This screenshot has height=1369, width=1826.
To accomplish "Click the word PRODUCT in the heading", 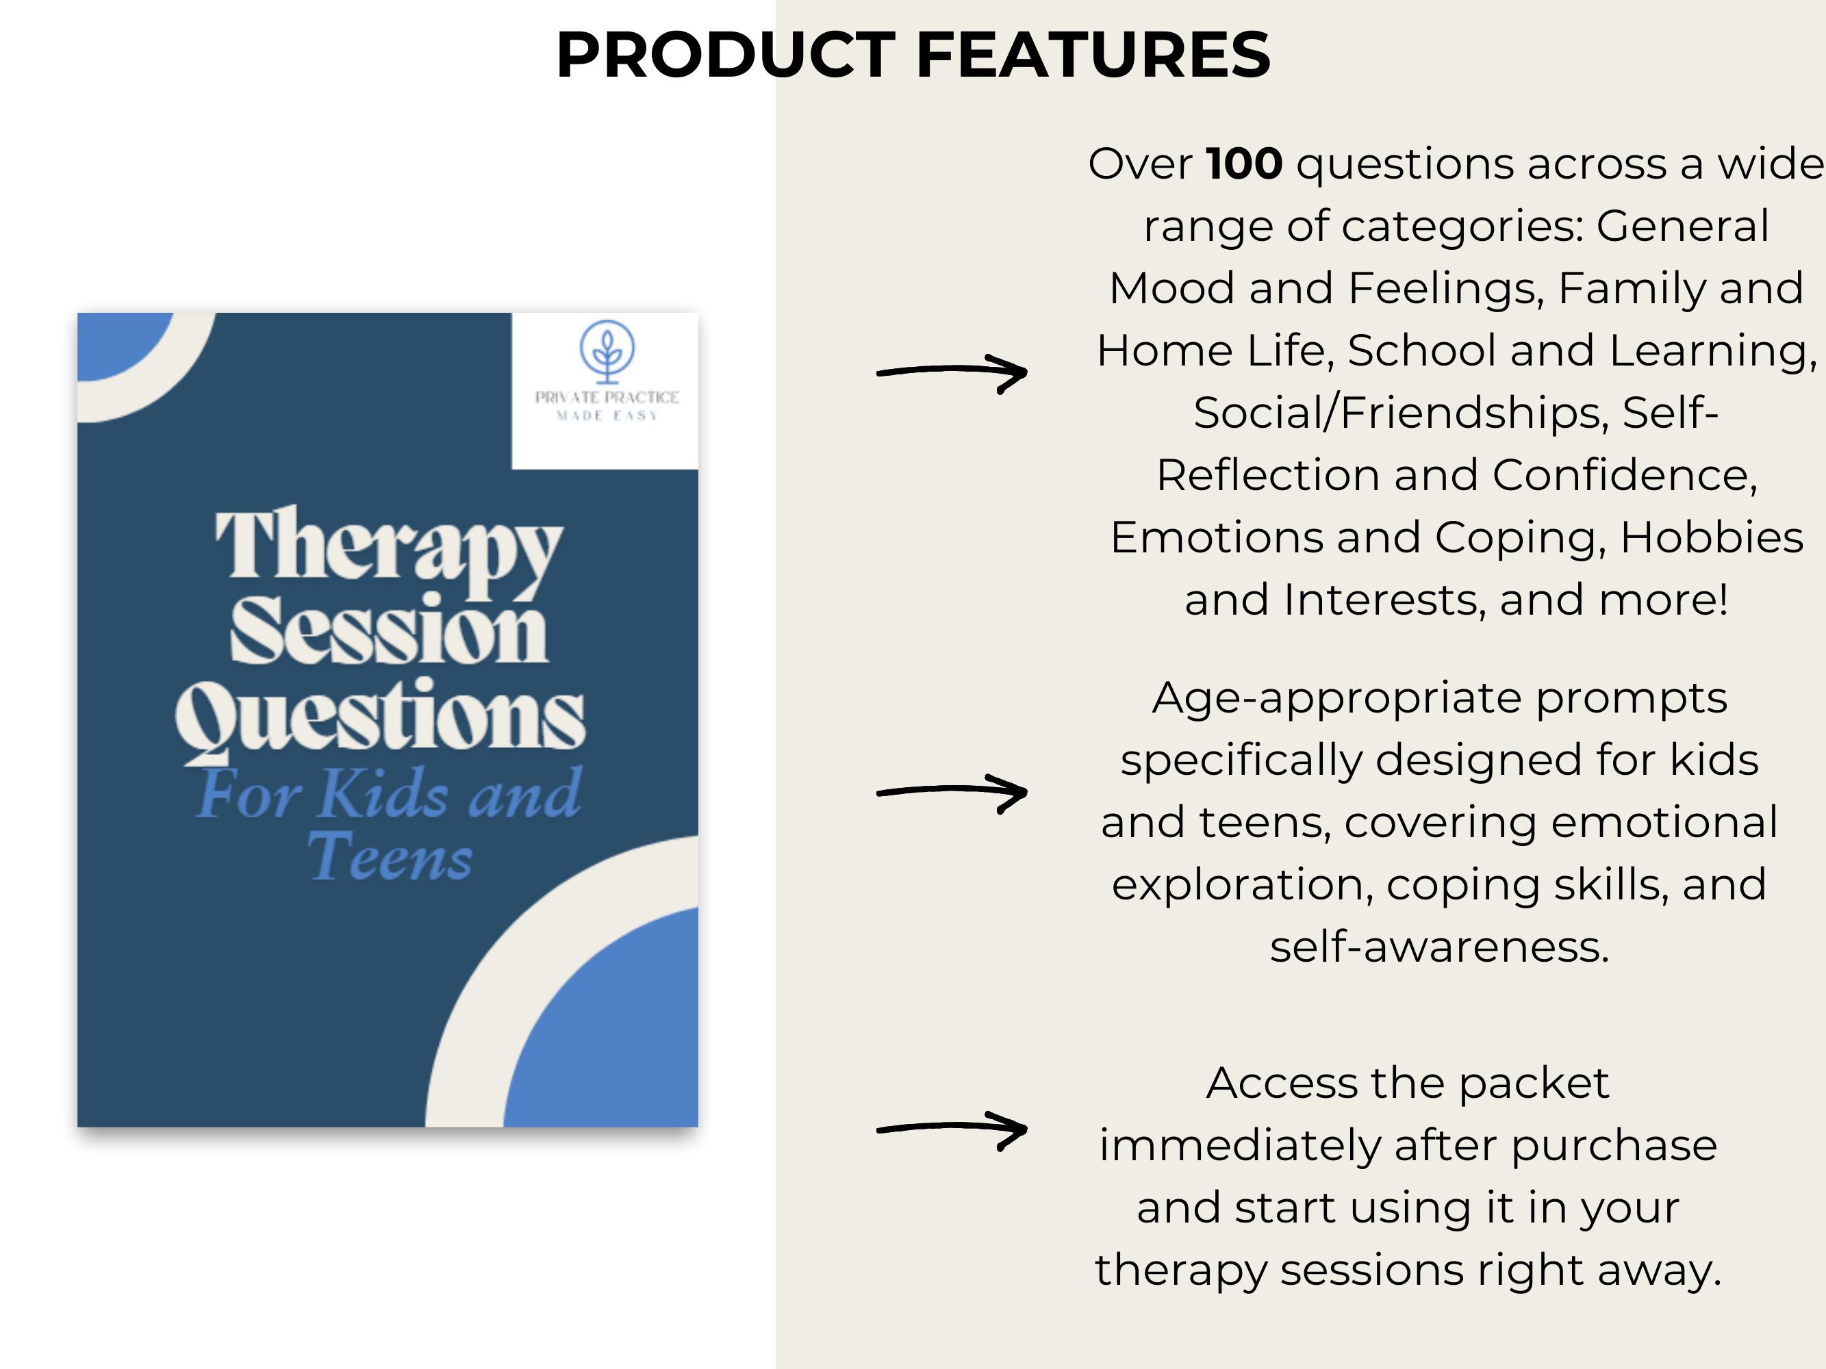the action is [726, 55].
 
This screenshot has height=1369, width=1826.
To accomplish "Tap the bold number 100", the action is [1244, 164].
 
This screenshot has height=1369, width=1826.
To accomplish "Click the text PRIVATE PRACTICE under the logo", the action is [607, 397].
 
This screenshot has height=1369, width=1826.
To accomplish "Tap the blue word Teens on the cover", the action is [390, 856].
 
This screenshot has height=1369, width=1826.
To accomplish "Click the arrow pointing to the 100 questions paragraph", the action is [952, 372].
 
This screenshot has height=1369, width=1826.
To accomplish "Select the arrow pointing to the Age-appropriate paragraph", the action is [952, 792].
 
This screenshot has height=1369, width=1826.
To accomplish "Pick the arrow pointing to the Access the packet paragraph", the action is [952, 1129].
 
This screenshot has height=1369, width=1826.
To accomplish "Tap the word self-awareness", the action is [1440, 947].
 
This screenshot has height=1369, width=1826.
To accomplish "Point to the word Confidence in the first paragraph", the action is [1625, 475].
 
